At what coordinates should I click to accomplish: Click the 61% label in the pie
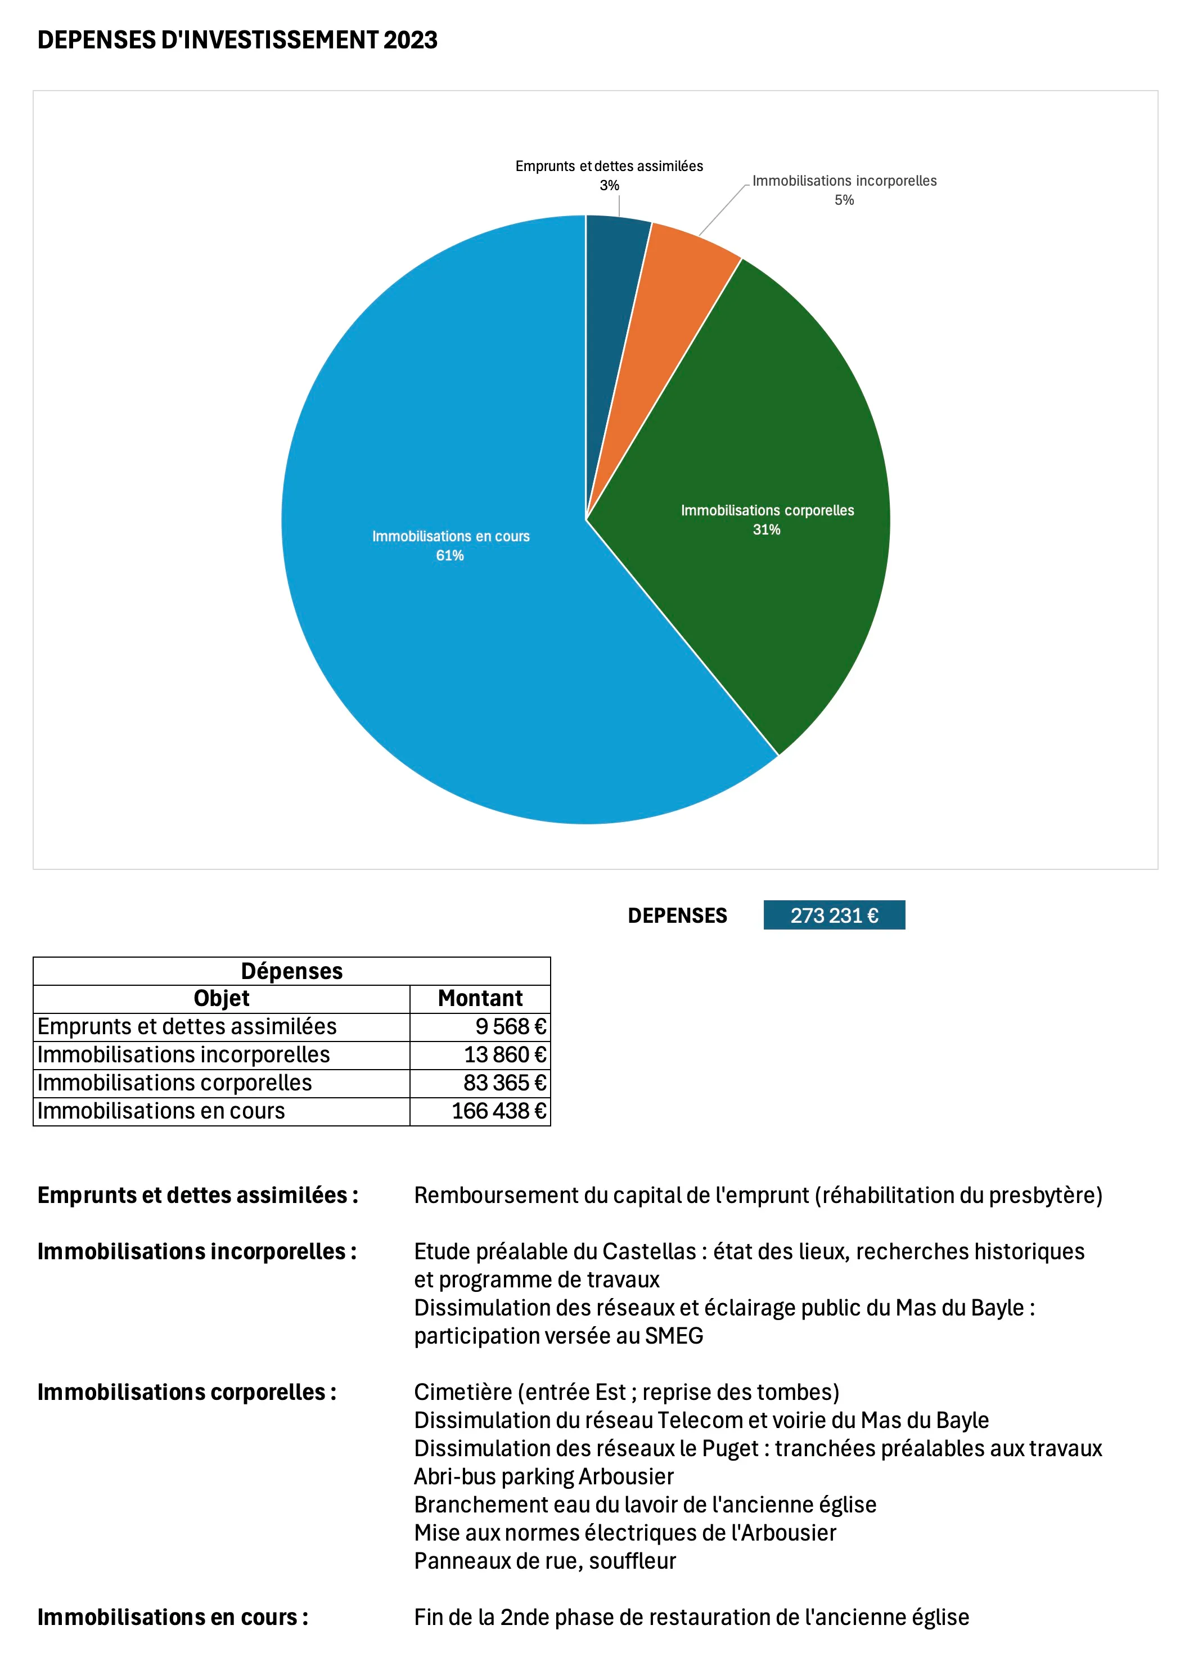click(x=449, y=556)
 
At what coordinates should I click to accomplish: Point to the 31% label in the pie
click(x=767, y=529)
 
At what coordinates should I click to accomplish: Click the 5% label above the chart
click(x=844, y=200)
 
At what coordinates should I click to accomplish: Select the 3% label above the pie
click(x=609, y=185)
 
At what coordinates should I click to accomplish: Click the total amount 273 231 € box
click(x=834, y=915)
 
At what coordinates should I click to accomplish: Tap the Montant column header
click(x=480, y=998)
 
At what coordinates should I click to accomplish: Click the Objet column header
click(x=221, y=998)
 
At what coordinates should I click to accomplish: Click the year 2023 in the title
click(x=410, y=39)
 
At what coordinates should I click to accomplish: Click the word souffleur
click(x=632, y=1561)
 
